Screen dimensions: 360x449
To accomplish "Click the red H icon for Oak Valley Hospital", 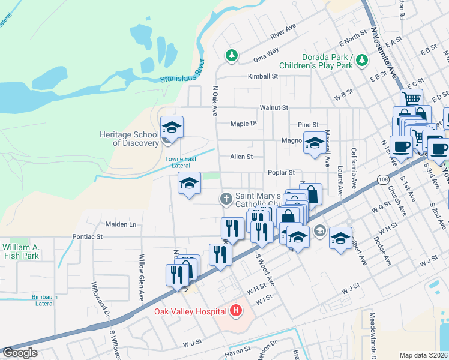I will pos(236,311).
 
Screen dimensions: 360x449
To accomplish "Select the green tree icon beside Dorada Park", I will pos(361,59).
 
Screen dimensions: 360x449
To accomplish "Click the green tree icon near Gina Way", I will pos(231,56).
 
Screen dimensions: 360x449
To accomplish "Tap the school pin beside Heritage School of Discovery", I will pos(172,128).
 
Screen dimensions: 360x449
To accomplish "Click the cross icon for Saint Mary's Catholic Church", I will pos(226,199).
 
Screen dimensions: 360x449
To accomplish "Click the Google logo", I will pos(20,353).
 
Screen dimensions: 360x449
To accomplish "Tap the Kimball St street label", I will pos(264,77).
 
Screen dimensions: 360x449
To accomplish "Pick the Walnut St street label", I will pos(274,107).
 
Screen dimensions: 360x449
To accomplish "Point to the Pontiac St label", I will pos(88,237).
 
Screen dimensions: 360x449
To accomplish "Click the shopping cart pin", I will pos(412,98).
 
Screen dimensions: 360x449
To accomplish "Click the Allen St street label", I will pos(241,157).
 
